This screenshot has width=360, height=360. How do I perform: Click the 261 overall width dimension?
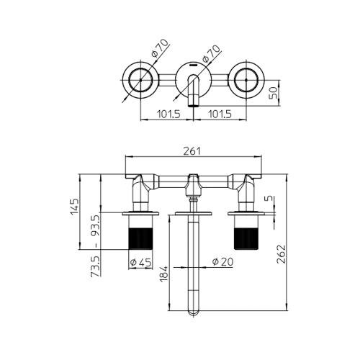(192, 150)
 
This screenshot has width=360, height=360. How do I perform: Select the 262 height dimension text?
(282, 254)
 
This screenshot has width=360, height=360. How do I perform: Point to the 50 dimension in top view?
(274, 93)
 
